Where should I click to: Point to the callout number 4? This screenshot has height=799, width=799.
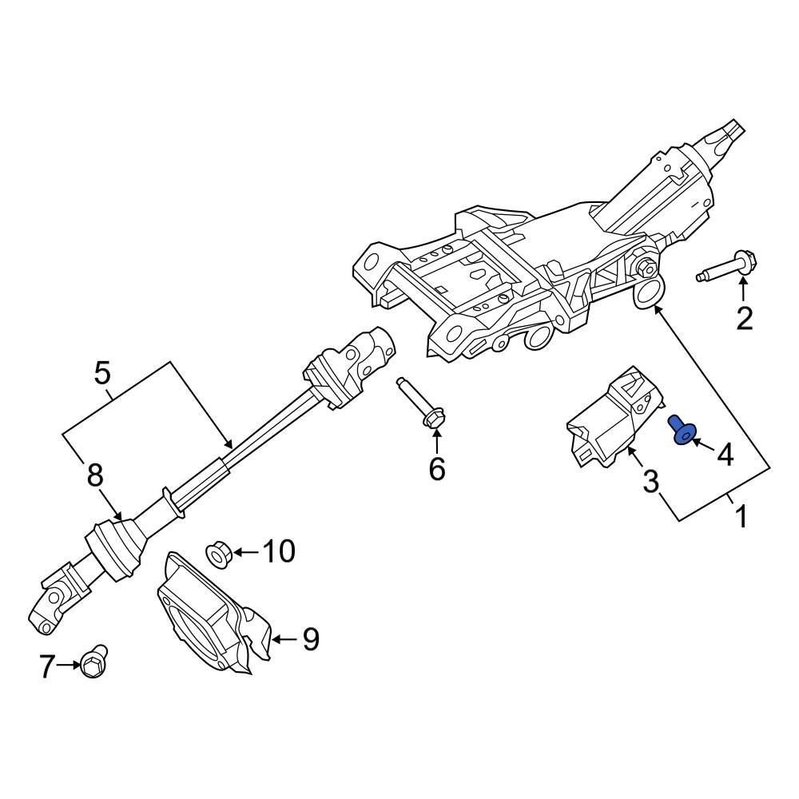(725, 455)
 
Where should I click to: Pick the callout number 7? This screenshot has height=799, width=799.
(47, 666)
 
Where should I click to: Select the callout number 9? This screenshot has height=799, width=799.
(310, 638)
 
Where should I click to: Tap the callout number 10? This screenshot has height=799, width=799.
(279, 551)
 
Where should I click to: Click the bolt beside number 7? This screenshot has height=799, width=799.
(93, 660)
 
